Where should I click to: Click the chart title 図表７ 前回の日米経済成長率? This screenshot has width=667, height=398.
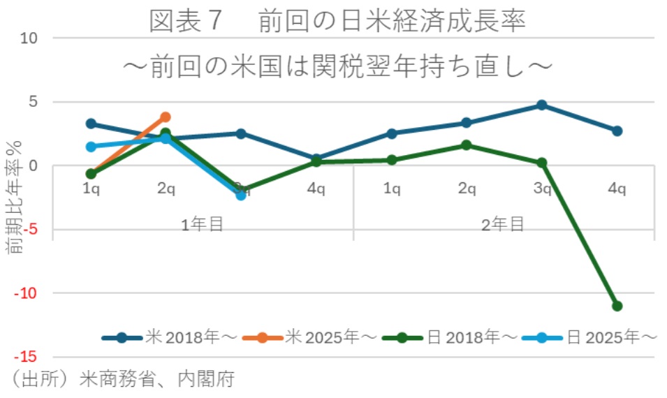(337, 22)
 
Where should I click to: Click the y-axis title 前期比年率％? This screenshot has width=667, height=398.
(15, 198)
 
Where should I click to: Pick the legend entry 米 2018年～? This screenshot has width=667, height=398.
(170, 338)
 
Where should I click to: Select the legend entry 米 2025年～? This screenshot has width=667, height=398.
(310, 338)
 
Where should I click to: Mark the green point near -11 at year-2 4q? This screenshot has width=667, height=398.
(617, 306)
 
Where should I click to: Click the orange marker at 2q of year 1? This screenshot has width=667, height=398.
(166, 117)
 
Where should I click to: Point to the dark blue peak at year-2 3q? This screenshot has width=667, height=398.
(541, 105)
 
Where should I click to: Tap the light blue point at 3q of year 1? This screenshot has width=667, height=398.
(241, 195)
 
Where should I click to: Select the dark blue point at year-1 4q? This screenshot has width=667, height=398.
(316, 159)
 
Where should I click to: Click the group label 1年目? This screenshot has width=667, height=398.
(203, 223)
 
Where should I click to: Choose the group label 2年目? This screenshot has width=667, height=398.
(503, 223)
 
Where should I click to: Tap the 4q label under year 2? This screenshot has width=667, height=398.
(617, 189)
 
